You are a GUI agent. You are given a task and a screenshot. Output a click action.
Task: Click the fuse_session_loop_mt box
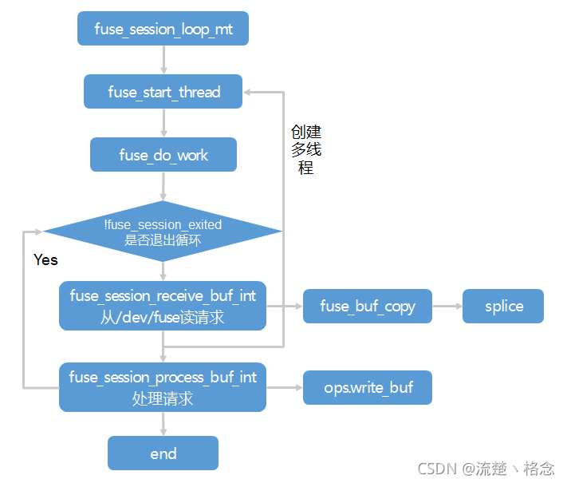163,30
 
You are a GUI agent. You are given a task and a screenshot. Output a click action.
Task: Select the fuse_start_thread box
163,92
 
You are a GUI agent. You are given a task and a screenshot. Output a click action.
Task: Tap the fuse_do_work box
163,155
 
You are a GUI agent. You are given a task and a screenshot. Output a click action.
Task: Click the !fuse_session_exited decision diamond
163,232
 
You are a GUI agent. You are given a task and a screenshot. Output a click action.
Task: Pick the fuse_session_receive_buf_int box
163,306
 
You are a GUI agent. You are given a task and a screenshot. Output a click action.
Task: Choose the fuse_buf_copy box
368,307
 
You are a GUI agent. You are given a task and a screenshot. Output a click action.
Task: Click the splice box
503,307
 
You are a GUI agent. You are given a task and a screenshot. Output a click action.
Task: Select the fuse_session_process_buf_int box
163,387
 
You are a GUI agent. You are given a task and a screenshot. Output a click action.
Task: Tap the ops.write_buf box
368,388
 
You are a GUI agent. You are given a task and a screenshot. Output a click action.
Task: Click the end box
163,453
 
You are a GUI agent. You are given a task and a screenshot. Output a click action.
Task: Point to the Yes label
46,260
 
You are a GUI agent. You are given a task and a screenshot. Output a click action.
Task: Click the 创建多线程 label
305,149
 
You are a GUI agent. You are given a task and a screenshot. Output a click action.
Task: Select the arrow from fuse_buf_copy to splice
447,307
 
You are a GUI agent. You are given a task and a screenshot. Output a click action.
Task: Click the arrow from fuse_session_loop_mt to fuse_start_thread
163,60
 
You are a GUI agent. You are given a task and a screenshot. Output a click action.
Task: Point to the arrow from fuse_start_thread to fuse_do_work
163,123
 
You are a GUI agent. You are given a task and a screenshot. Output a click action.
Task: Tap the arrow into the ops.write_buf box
285,388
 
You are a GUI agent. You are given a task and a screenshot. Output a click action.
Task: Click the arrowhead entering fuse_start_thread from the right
249,92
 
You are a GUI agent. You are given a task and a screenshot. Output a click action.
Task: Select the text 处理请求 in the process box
163,398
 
